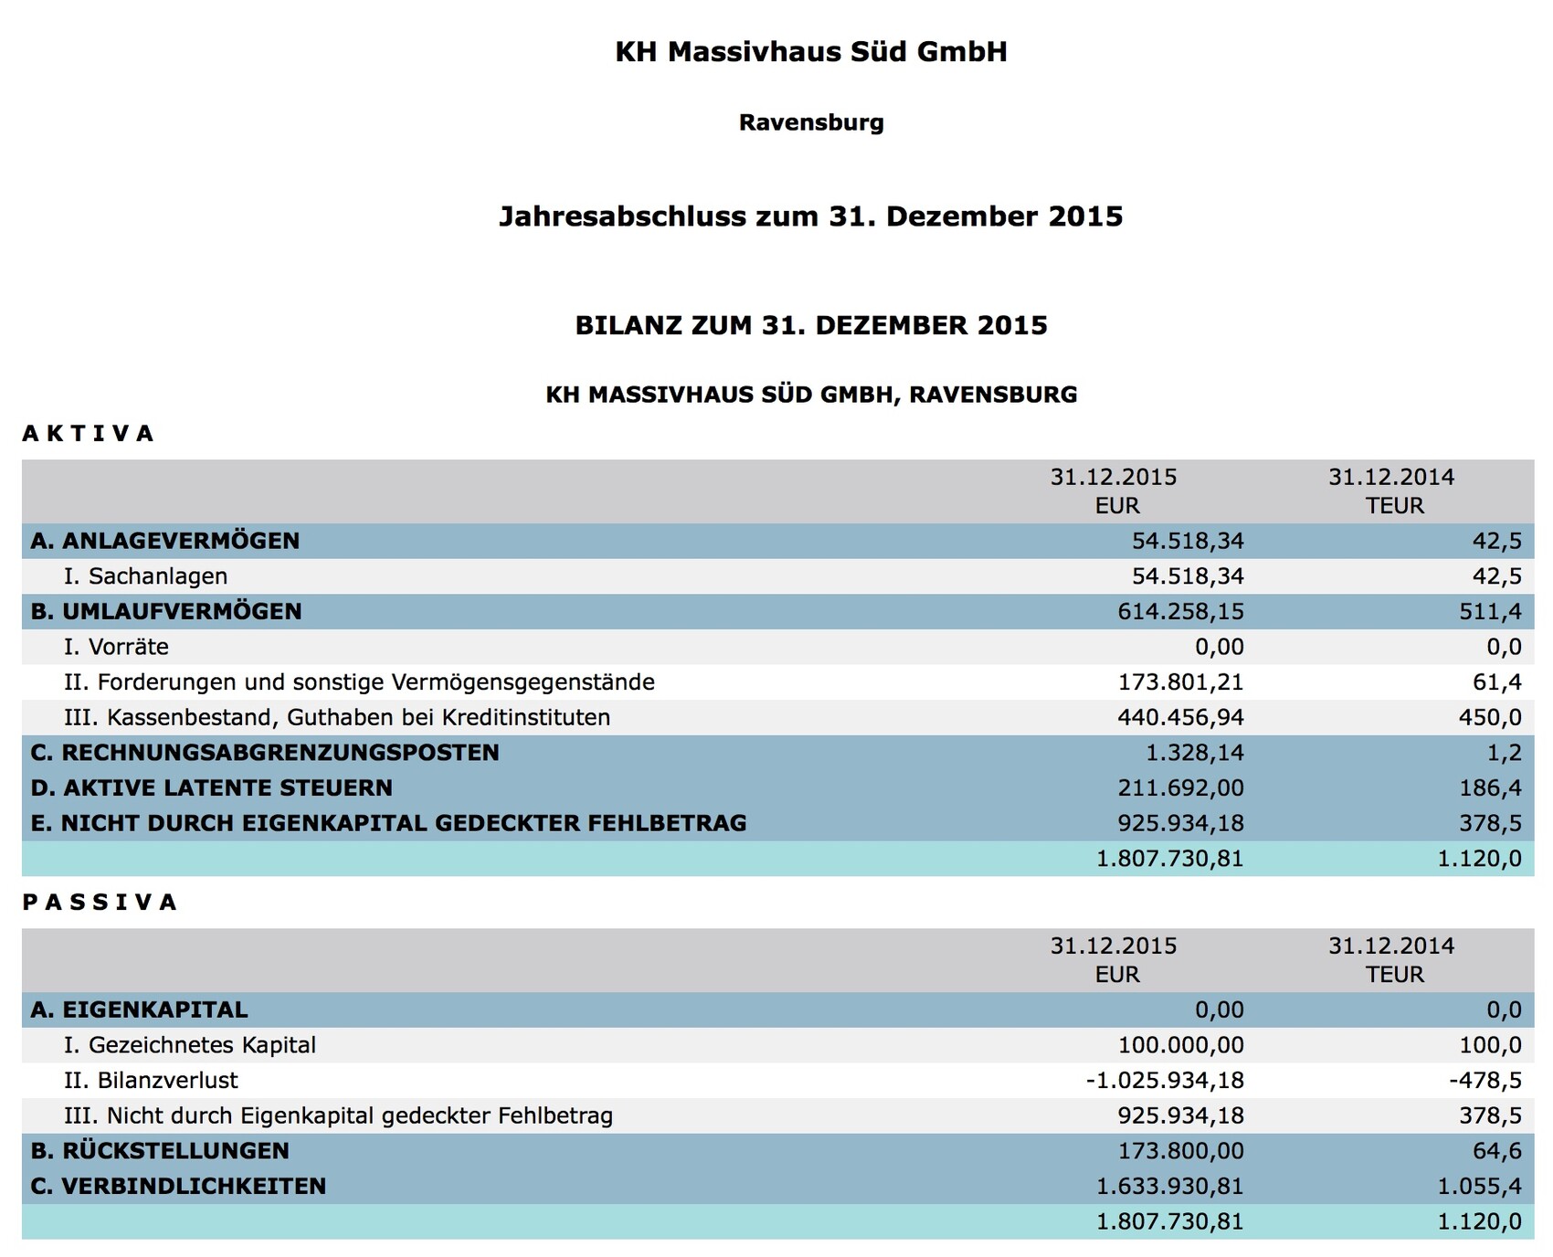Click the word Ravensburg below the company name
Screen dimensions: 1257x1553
click(x=811, y=122)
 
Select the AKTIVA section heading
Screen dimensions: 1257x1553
click(x=89, y=433)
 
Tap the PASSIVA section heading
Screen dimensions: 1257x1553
click(x=100, y=903)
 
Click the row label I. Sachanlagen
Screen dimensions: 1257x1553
click(x=145, y=576)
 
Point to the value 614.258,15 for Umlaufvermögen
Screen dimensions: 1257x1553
click(x=1180, y=611)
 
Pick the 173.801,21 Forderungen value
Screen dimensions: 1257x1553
click(x=1180, y=682)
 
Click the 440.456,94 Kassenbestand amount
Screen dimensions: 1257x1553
click(x=1180, y=717)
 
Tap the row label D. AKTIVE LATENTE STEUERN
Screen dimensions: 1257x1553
click(x=211, y=787)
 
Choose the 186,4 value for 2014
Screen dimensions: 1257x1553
click(x=1491, y=787)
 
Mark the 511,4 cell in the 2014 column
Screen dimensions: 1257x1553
click(x=1491, y=611)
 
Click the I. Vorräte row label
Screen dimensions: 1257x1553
click(x=116, y=647)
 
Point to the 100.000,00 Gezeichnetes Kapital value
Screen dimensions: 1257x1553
click(x=1180, y=1045)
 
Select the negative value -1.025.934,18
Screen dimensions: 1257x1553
click(x=1165, y=1081)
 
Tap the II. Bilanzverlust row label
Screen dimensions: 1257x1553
click(x=151, y=1081)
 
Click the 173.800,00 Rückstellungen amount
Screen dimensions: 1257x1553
click(x=1180, y=1151)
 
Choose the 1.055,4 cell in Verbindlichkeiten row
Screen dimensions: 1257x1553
click(x=1480, y=1187)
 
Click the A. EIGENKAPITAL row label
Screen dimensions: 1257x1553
click(x=139, y=1009)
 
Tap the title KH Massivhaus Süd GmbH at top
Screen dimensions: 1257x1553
click(x=811, y=51)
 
